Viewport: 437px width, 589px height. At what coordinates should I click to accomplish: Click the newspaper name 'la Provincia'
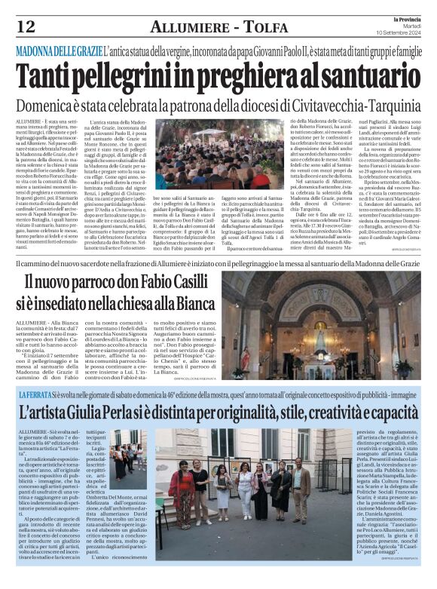coord(403,18)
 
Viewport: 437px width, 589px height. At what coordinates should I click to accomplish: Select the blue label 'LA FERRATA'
coord(35,394)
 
